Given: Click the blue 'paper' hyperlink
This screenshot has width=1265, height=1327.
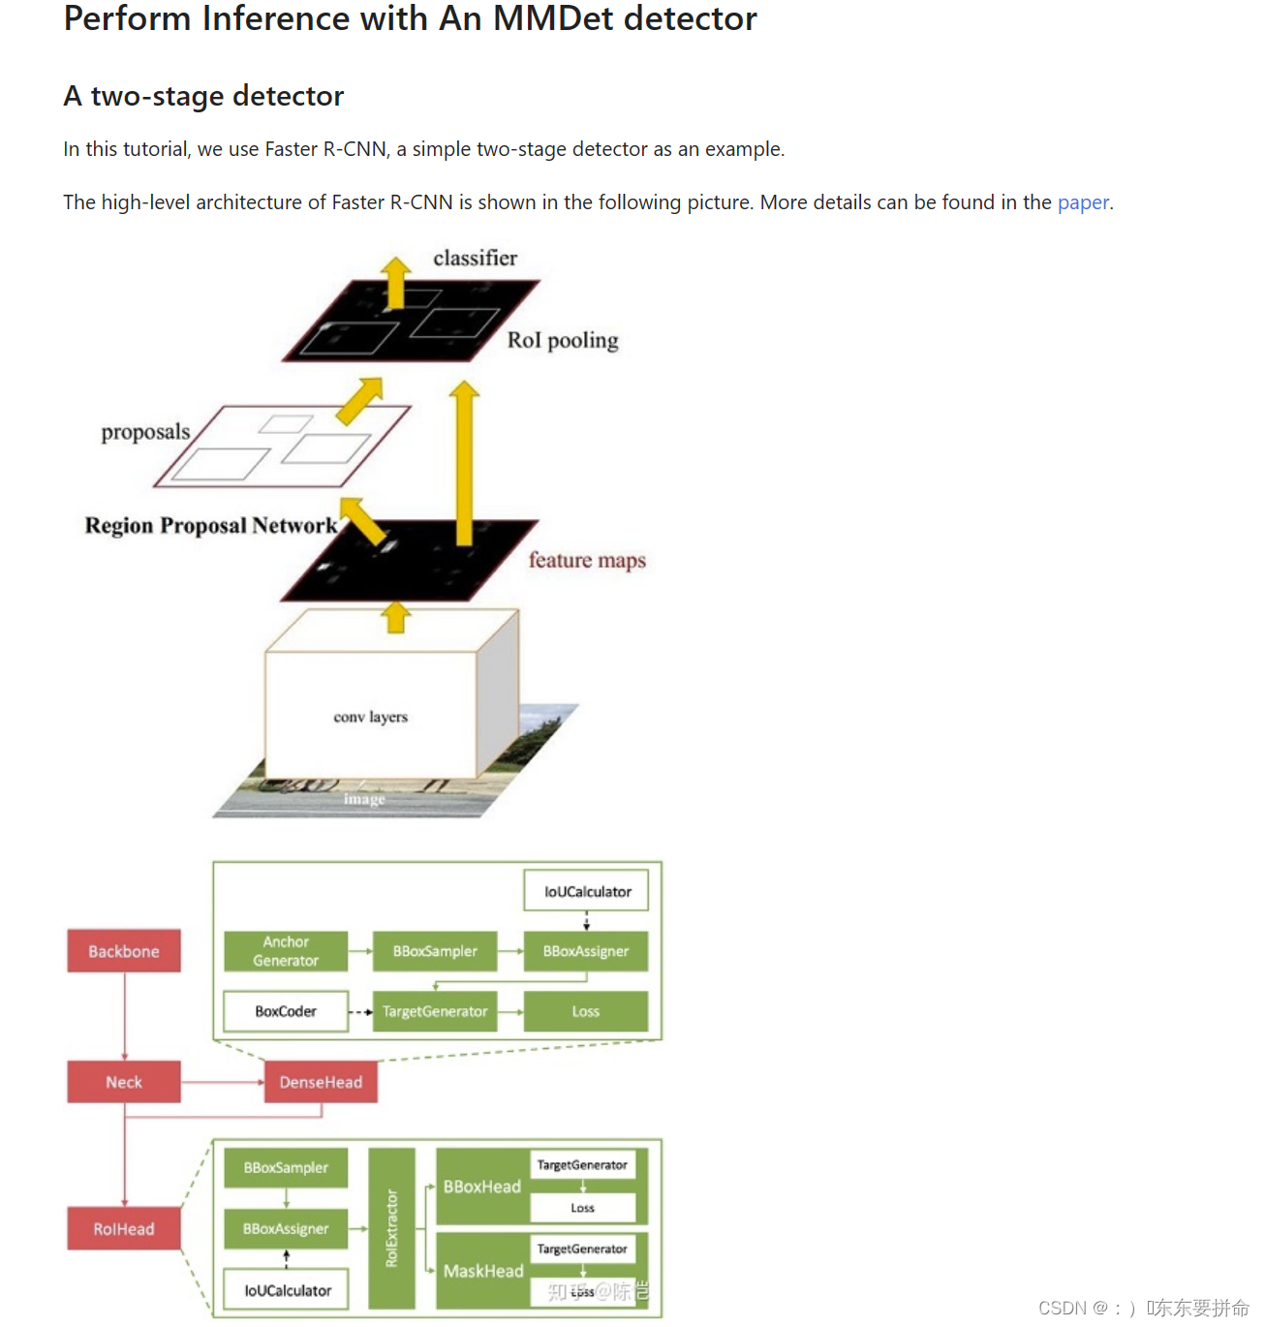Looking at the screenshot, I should pyautogui.click(x=1083, y=202).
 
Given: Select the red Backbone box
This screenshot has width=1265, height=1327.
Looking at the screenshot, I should pyautogui.click(x=124, y=951).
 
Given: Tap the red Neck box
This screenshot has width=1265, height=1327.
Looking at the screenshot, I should pyautogui.click(x=124, y=1082).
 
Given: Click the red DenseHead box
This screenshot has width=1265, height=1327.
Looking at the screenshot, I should pyautogui.click(x=321, y=1082).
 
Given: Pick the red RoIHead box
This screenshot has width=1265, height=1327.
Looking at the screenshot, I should pyautogui.click(x=124, y=1229).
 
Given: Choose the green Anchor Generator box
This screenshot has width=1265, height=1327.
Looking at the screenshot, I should pyautogui.click(x=286, y=951).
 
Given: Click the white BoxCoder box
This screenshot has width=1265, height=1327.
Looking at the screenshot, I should pyautogui.click(x=286, y=1011).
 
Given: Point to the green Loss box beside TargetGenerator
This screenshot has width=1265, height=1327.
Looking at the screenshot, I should pyautogui.click(x=586, y=1011).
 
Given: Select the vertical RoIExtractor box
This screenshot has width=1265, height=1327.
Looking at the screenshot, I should pyautogui.click(x=392, y=1228).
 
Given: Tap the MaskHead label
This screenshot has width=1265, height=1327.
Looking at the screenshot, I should pyautogui.click(x=483, y=1271).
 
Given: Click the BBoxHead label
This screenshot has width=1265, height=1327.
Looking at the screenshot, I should pyautogui.click(x=482, y=1187).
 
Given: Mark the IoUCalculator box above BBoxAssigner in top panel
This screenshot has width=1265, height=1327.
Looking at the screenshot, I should pyautogui.click(x=586, y=891).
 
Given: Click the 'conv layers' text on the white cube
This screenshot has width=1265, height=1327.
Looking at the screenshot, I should pyautogui.click(x=371, y=717).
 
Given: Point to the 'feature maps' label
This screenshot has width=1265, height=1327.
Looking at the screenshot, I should pyautogui.click(x=587, y=560).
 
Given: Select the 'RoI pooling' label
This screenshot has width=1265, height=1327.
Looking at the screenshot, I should pyautogui.click(x=563, y=340).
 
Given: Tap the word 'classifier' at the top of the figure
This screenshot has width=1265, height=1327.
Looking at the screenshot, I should pyautogui.click(x=475, y=258).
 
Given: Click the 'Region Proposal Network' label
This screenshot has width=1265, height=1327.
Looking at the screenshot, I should pyautogui.click(x=211, y=525).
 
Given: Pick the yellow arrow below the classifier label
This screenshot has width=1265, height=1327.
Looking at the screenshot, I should pyautogui.click(x=395, y=283).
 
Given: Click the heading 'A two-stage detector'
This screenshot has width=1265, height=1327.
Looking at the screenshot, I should pyautogui.click(x=203, y=96).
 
